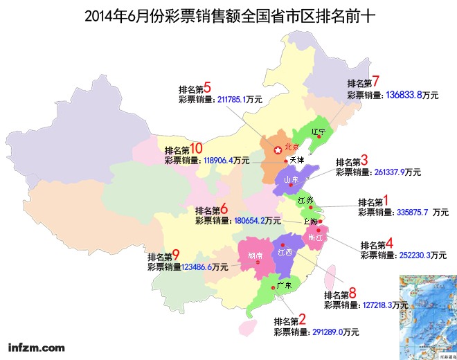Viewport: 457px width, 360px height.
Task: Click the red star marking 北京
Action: pyautogui.click(x=278, y=150)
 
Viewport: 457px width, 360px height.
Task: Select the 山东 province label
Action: pyautogui.click(x=292, y=180)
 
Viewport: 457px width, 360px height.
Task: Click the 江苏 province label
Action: pyautogui.click(x=305, y=200)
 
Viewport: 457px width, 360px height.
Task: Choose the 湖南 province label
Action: pyautogui.click(x=255, y=255)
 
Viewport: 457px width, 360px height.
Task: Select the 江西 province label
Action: pyautogui.click(x=285, y=253)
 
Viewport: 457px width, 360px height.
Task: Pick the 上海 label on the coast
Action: pyautogui.click(x=311, y=221)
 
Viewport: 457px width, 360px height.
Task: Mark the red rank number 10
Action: pyautogui.click(x=196, y=148)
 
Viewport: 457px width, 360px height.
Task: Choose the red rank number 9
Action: pyautogui.click(x=176, y=255)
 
